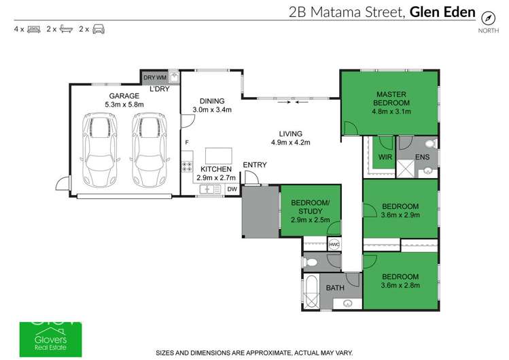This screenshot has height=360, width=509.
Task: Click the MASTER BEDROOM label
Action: [x=388, y=98]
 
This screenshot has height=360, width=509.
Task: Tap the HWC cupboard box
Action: [x=334, y=245]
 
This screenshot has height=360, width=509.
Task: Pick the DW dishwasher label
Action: [x=232, y=190]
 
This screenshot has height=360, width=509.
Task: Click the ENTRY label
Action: [x=255, y=165]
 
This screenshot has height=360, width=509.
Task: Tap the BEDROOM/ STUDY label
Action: [x=310, y=207]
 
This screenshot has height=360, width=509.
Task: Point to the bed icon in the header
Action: [x=33, y=29]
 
